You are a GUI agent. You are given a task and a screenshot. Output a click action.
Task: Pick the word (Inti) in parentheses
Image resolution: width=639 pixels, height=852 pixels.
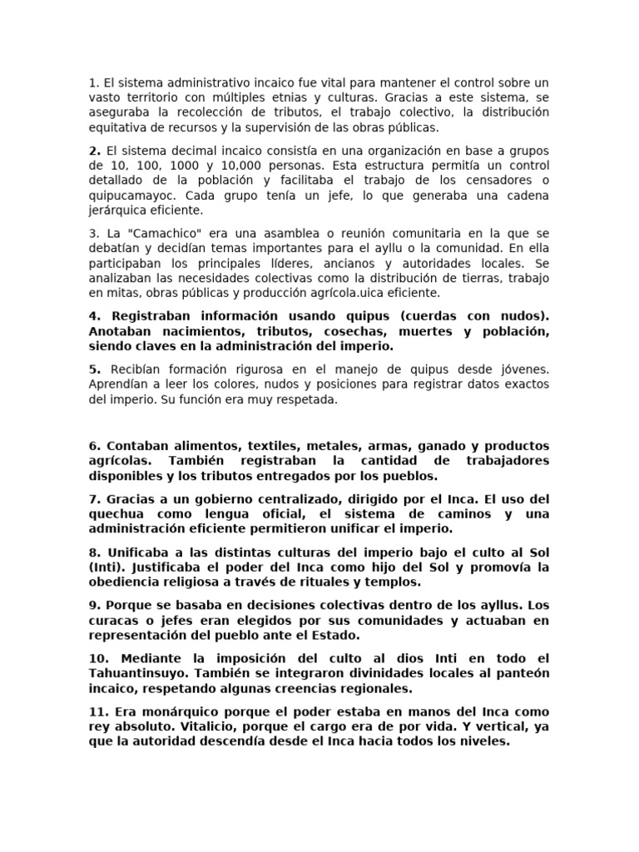pyautogui.click(x=105, y=567)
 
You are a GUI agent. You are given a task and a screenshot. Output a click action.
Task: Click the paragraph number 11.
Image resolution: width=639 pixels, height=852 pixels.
pyautogui.click(x=97, y=712)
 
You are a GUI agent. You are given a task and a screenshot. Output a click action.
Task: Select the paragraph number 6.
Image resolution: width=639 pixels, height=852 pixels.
pyautogui.click(x=93, y=446)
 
